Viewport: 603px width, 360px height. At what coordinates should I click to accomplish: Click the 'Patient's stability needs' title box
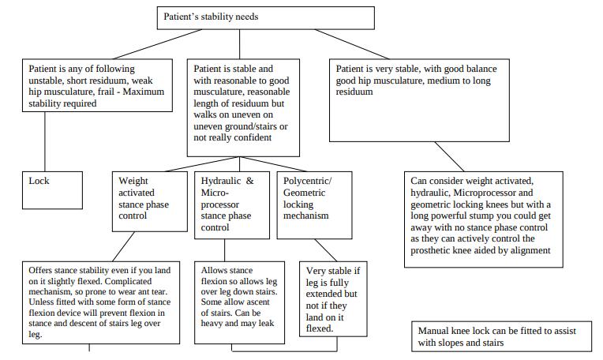(x=266, y=17)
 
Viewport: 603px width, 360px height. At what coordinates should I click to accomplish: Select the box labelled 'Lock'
(x=52, y=190)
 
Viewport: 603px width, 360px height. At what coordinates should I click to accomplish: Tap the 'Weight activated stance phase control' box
(x=150, y=201)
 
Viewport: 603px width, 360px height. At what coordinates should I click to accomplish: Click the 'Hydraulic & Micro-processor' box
(x=232, y=205)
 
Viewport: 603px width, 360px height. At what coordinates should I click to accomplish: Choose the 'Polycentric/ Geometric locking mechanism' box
(x=315, y=205)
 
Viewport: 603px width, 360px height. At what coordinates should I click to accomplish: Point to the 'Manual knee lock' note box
(x=501, y=336)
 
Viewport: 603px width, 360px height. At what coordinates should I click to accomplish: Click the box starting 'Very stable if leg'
(x=333, y=299)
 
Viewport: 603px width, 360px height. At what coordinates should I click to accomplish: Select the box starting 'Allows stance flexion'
(x=240, y=302)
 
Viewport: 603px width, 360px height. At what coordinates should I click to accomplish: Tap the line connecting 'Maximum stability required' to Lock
(x=45, y=142)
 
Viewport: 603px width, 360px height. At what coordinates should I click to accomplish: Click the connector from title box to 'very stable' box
(x=352, y=44)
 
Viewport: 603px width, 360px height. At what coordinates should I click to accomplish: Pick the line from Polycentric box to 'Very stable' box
(x=326, y=250)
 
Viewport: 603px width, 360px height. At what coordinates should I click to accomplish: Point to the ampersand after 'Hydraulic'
(x=250, y=181)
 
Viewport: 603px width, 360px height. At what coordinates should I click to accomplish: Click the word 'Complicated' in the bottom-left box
(x=128, y=281)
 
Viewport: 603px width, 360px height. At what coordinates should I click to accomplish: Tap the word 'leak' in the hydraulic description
(x=266, y=324)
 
